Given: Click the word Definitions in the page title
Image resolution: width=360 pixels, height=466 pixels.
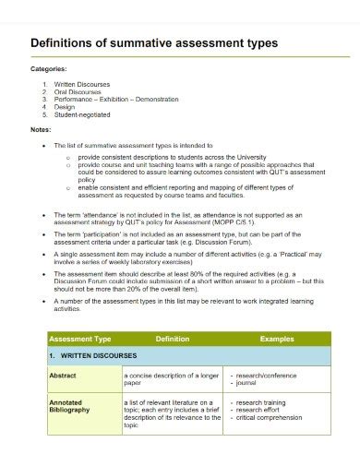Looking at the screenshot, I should [67, 43].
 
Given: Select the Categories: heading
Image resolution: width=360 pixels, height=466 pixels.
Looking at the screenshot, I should [50, 68].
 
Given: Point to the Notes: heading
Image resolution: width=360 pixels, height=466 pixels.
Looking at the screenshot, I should [42, 130].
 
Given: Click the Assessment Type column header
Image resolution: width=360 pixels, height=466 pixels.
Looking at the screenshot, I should [79, 340].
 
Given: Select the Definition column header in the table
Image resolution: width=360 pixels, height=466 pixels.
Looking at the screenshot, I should [172, 340].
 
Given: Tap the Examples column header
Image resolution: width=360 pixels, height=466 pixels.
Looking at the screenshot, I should [277, 340].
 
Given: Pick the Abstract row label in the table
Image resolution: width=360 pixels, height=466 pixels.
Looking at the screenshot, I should [63, 376].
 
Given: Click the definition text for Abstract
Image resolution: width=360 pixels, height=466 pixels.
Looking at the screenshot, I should [172, 380].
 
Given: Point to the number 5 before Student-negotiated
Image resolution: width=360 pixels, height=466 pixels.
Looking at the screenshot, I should [44, 115].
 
